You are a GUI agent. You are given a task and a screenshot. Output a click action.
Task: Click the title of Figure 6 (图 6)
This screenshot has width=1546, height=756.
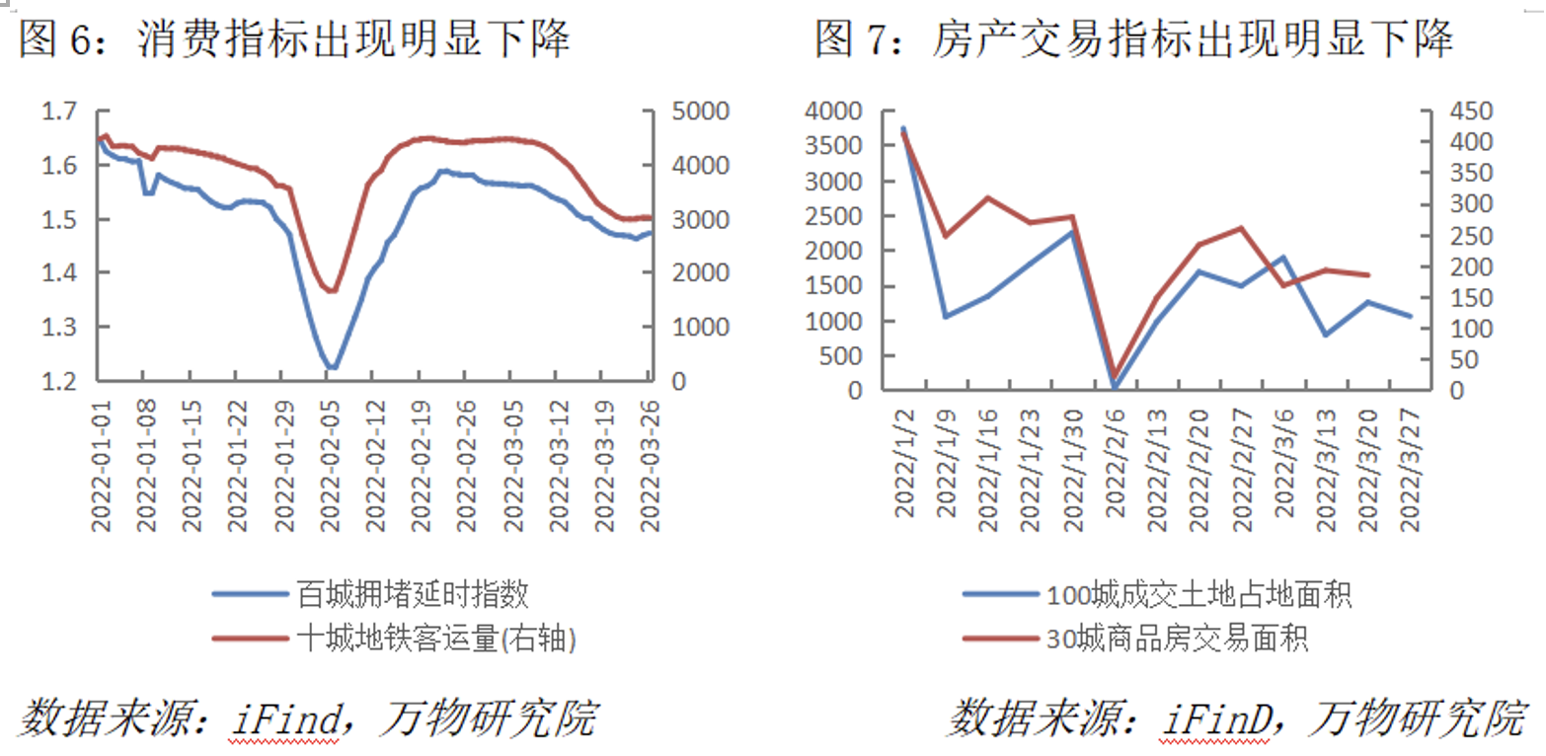click(x=294, y=40)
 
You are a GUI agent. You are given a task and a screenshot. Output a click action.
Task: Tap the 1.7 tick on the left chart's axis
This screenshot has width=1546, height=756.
click(x=58, y=113)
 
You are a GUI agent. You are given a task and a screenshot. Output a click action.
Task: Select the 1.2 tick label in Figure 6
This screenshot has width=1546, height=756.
click(x=58, y=381)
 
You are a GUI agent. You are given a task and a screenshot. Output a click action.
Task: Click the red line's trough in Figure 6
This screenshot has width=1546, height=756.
click(x=332, y=291)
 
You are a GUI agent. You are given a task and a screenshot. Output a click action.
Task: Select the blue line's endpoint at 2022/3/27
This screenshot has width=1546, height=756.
click(x=1409, y=316)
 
